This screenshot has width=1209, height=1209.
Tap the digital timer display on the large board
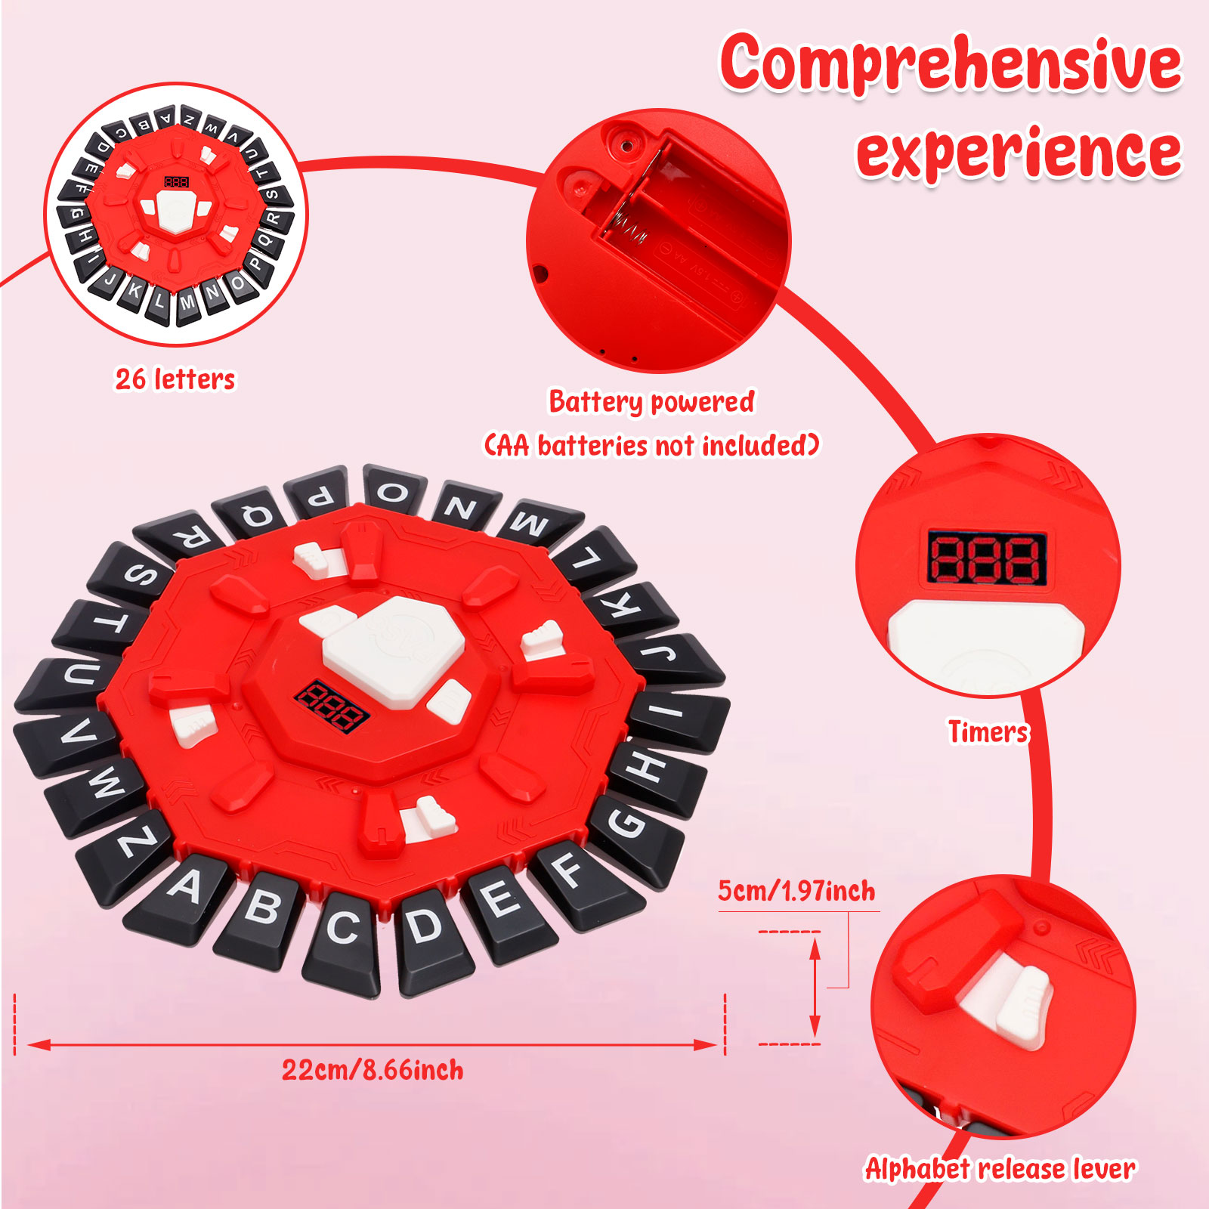[x=331, y=706]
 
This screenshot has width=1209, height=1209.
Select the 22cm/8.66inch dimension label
[x=373, y=1070]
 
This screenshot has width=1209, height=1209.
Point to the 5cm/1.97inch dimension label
[x=796, y=891]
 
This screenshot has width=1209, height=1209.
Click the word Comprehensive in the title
[x=951, y=63]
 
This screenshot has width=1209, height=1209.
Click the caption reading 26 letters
[x=175, y=379]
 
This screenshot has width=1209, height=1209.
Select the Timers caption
[x=988, y=731]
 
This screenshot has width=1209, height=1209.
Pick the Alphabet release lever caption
[x=1000, y=1169]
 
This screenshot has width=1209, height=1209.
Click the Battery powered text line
[x=651, y=402]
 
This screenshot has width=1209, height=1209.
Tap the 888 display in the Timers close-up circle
[x=987, y=559]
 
